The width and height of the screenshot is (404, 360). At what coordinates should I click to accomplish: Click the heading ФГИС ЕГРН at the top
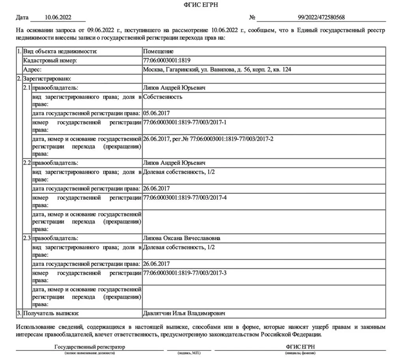pos(202,5)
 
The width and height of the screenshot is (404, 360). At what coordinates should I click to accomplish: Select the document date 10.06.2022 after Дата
pos(58,17)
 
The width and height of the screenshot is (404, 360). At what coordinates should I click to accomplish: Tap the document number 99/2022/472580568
pos(321,17)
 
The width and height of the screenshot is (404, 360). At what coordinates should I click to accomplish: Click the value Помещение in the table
pos(158,52)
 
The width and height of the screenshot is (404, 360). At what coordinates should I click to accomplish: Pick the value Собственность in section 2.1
pos(163,97)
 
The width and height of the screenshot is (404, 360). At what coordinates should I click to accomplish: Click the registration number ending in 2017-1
pos(185,122)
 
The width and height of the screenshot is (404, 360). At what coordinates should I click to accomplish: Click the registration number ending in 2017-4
pos(185,197)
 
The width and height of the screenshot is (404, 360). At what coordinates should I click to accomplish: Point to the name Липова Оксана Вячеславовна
pos(182,238)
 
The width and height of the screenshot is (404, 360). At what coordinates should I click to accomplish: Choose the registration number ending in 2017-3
pos(185,272)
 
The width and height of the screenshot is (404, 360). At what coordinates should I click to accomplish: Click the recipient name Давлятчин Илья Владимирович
pos(184,313)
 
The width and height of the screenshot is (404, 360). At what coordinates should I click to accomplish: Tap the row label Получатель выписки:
pos(51,313)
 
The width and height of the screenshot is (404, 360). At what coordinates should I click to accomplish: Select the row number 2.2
pos(27,163)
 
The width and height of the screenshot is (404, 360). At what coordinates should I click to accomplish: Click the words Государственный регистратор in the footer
pos(90,347)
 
